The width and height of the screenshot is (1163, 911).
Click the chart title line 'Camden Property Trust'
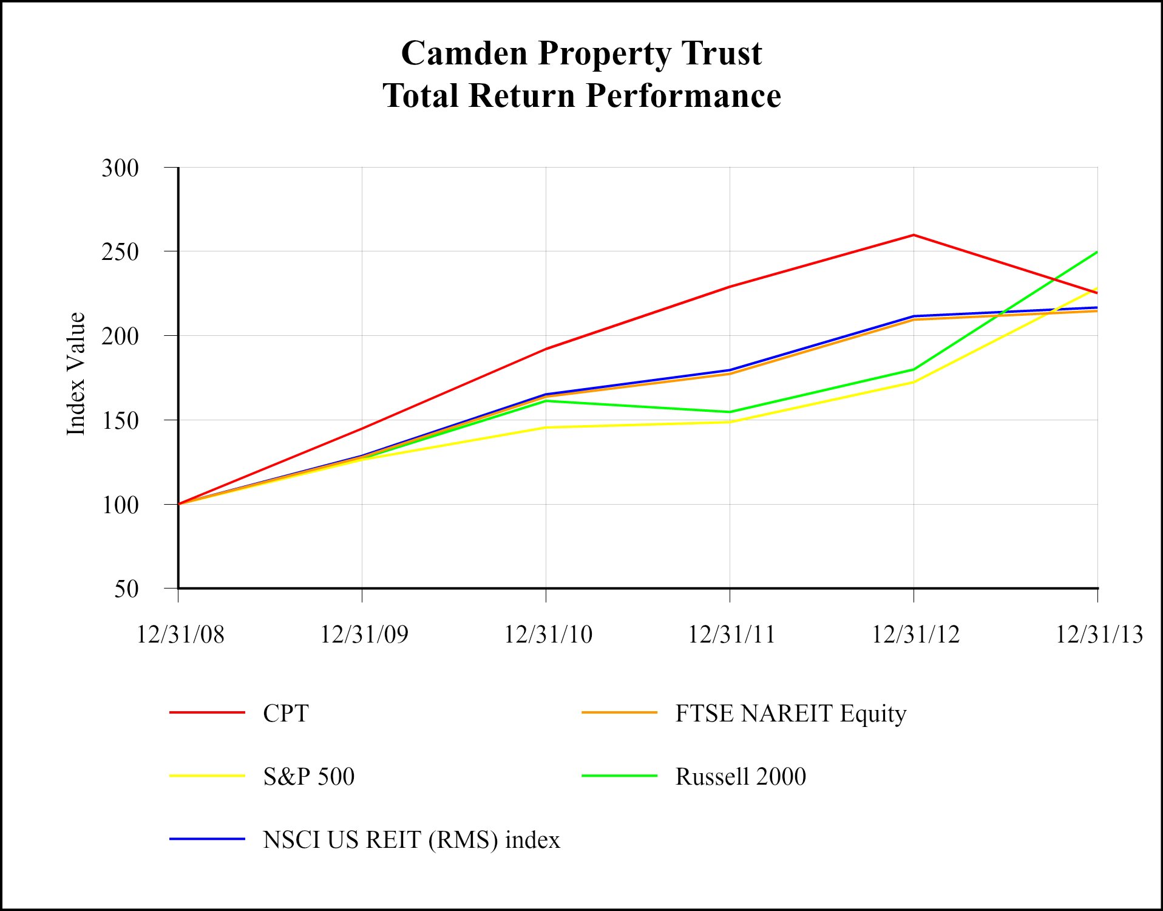(581, 53)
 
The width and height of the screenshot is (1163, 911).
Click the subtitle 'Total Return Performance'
(581, 96)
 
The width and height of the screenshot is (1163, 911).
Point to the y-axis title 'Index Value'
(76, 374)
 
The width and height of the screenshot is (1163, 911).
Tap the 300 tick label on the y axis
(120, 168)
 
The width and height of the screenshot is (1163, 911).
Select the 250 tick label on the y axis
(120, 252)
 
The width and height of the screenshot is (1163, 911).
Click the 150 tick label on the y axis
(120, 420)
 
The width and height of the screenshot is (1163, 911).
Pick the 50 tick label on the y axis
(126, 589)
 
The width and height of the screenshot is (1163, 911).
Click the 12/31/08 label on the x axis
(180, 635)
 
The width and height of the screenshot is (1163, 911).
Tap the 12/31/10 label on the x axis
(548, 635)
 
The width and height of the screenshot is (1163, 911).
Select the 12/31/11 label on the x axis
(731, 635)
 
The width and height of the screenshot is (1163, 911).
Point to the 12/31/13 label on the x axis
(1099, 635)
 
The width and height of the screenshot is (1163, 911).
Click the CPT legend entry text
(286, 713)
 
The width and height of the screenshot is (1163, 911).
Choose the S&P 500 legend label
(308, 776)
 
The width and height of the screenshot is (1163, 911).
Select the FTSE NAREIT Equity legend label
(790, 713)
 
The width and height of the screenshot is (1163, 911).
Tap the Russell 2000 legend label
(741, 776)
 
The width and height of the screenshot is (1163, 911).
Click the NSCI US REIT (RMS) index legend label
(411, 840)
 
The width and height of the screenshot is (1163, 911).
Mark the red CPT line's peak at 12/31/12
(914, 235)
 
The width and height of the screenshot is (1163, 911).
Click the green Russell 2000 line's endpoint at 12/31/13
(1097, 252)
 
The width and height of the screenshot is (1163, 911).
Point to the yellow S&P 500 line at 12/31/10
(546, 428)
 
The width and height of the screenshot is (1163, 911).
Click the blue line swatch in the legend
(207, 839)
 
